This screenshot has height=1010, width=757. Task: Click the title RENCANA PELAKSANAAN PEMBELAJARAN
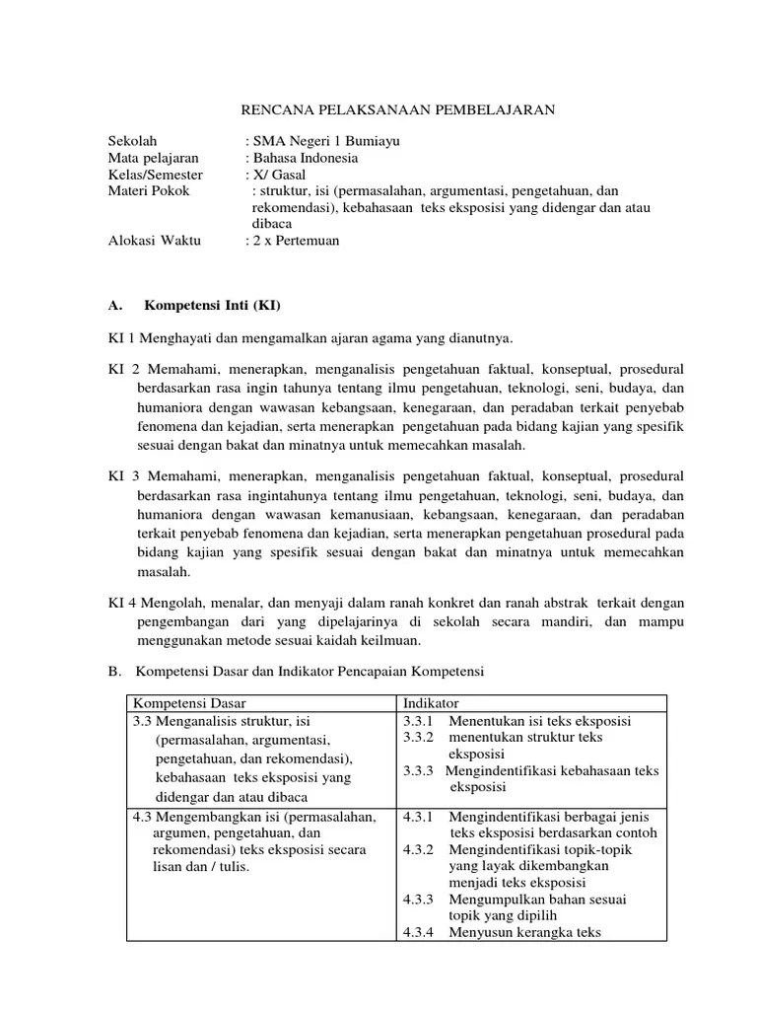(x=398, y=110)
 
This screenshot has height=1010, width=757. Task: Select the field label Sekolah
(x=132, y=141)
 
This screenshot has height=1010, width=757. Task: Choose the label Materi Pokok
(x=148, y=190)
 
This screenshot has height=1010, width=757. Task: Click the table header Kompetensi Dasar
(x=189, y=702)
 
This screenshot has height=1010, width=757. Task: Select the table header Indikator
(x=430, y=702)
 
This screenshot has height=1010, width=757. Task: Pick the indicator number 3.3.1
(x=420, y=721)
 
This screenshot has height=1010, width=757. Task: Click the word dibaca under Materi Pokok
(x=273, y=224)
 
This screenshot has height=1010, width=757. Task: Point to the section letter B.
(x=113, y=672)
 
